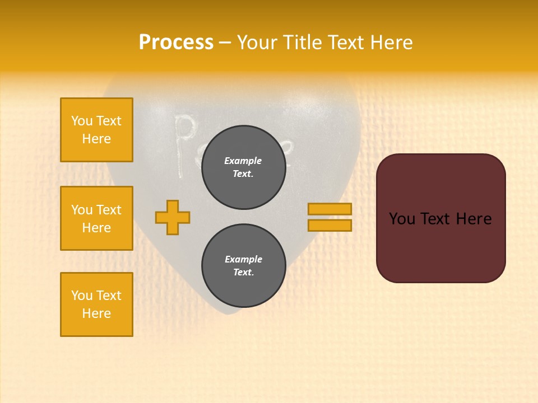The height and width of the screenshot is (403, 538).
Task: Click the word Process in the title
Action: [176, 43]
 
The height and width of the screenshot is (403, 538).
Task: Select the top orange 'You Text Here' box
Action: [96, 130]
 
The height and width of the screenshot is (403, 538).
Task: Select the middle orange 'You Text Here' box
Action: [96, 218]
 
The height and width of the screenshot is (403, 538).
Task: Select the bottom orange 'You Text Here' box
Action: [96, 304]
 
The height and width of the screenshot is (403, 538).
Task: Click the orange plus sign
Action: [173, 217]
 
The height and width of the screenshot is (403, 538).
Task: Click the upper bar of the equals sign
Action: [330, 209]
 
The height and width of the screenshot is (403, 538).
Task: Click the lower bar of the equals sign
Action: [330, 226]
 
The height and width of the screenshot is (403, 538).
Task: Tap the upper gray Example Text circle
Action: [243, 167]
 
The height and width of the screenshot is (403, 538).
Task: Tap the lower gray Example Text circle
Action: [243, 266]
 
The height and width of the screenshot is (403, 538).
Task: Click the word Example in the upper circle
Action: [243, 161]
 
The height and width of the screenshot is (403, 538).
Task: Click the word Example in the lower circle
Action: [243, 259]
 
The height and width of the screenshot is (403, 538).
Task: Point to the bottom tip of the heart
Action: [226, 312]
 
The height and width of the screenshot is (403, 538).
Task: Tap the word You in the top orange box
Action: [81, 121]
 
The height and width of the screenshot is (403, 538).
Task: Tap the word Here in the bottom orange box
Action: [96, 313]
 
